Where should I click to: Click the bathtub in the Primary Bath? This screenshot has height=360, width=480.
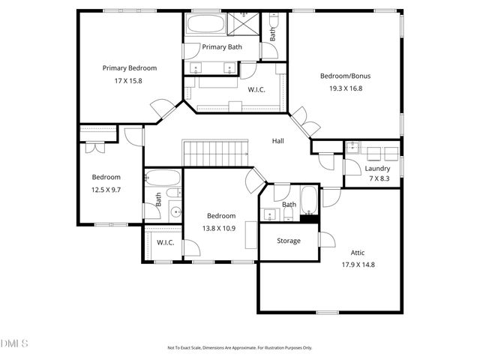click(205, 23)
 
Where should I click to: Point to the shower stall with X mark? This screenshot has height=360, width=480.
click(245, 23)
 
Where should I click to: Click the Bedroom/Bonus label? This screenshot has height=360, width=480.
click(345, 76)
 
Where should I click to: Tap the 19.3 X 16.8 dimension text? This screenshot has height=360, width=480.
click(345, 88)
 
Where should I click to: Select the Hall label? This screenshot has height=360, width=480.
click(277, 141)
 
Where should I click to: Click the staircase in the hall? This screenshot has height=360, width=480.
click(216, 154)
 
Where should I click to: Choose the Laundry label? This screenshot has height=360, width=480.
click(378, 169)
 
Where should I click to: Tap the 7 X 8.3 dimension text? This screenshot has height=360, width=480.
click(378, 179)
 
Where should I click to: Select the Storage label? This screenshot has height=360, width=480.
click(289, 241)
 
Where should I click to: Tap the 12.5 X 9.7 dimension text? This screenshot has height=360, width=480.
click(106, 190)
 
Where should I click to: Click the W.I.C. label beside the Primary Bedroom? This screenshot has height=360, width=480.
click(256, 89)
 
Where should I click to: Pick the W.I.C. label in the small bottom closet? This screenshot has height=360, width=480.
click(165, 242)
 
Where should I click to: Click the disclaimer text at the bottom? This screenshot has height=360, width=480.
click(240, 348)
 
